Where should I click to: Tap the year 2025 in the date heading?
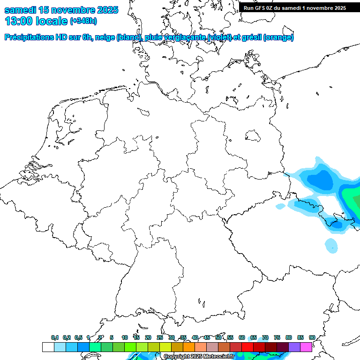tap(107, 9)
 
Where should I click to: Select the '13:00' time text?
tap(19, 21)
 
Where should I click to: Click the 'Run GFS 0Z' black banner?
tap(295, 8)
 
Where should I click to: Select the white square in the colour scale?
tap(48, 347)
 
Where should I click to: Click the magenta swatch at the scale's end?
tap(306, 347)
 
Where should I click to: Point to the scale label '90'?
tap(312, 337)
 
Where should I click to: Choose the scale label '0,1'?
tap(55, 337)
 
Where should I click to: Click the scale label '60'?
tap(242, 337)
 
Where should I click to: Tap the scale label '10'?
tap(125, 337)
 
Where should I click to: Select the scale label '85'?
tap(300, 337)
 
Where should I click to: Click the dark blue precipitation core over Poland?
tap(321, 180)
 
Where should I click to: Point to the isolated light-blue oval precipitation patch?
tap(331, 245)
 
